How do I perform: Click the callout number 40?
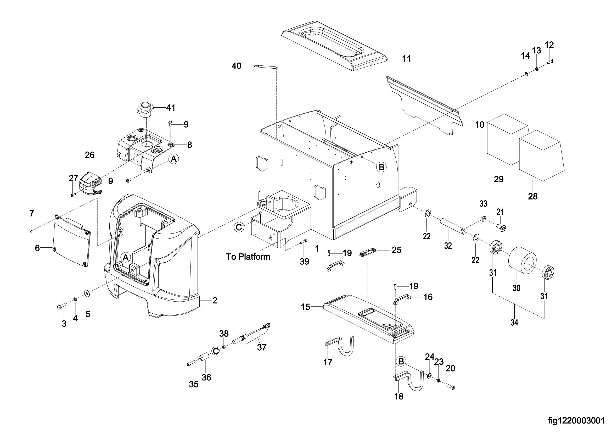pos(237,66)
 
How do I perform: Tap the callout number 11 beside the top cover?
pos(407,59)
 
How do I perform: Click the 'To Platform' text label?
pos(248,257)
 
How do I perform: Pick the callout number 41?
pos(171,108)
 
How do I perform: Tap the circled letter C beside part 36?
pos(215,351)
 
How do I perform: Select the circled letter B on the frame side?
pos(381,167)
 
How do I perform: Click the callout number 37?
pos(262,347)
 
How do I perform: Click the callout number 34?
pos(514,323)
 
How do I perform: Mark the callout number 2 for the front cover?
pos(215,301)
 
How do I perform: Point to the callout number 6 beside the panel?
pos(37,248)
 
